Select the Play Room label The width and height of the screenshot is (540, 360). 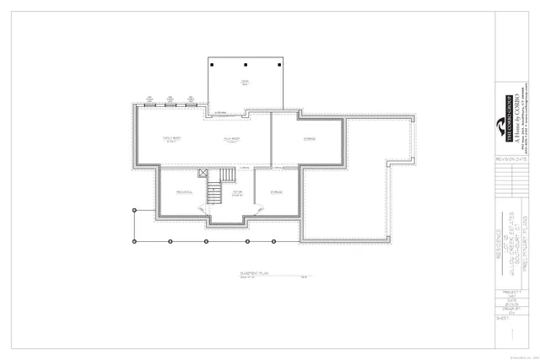click(232, 137)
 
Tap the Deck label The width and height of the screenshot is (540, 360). click(244, 81)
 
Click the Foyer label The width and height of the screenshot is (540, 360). click(238, 193)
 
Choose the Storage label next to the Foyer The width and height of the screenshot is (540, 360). click(276, 192)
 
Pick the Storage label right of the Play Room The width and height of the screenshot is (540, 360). click(309, 138)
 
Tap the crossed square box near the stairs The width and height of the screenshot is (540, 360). click(202, 175)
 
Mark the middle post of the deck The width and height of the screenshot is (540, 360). click(244, 65)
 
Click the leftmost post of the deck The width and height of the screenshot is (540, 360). click(213, 65)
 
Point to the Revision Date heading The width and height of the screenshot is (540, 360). click(505, 158)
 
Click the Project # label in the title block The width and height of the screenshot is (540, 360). click(505, 296)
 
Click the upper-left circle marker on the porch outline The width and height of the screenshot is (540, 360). click(133, 208)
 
